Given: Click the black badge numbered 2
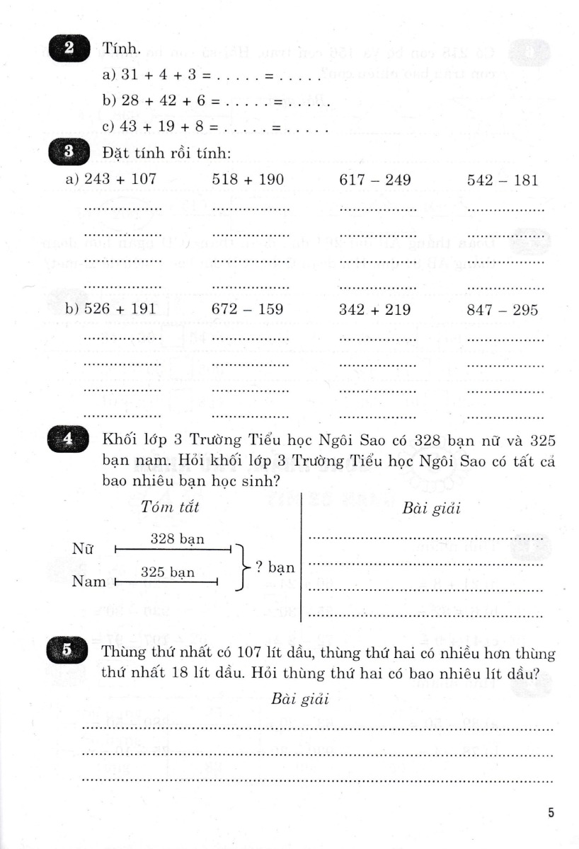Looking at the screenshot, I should click(69, 49).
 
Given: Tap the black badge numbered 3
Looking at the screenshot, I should click(69, 153).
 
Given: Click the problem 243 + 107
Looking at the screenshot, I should click(120, 180).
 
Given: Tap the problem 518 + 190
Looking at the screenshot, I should click(248, 180).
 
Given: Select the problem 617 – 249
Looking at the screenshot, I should click(375, 180).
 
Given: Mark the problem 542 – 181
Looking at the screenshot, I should click(503, 180).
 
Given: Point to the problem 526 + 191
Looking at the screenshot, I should click(120, 310).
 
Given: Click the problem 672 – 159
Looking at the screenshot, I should click(248, 310).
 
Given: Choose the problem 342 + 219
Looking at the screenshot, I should click(375, 310).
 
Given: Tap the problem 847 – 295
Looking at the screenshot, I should click(503, 310).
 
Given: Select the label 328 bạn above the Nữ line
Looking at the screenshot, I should click(178, 538).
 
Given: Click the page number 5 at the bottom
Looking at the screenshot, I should click(551, 813).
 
